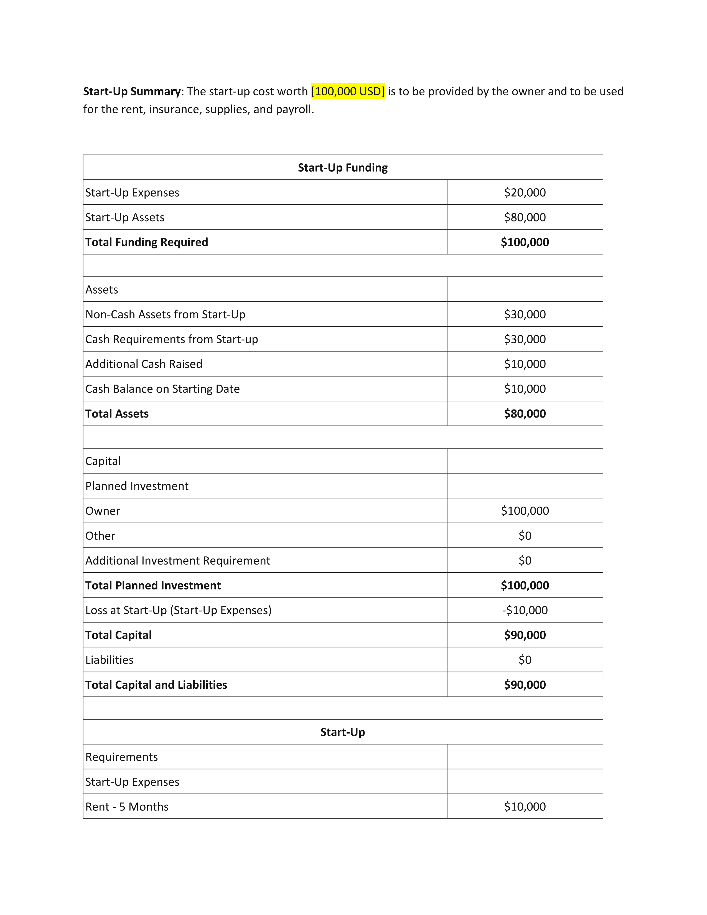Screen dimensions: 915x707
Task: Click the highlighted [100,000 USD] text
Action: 348,91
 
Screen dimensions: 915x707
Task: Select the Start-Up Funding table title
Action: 343,167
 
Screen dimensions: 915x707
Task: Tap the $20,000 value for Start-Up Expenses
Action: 525,192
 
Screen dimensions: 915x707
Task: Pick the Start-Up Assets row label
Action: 125,217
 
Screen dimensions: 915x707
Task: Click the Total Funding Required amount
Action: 525,242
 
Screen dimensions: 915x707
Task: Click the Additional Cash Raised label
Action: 144,364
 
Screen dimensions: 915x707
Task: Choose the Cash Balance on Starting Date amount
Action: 525,389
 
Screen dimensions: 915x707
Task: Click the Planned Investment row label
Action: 137,486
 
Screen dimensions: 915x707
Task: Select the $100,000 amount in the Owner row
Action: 525,511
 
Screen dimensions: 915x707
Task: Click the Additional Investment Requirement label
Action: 178,561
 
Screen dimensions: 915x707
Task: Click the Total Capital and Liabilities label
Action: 156,685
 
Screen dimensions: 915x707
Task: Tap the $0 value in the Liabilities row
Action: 525,660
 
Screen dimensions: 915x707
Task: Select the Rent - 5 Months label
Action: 127,807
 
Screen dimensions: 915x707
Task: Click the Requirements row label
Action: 121,757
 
